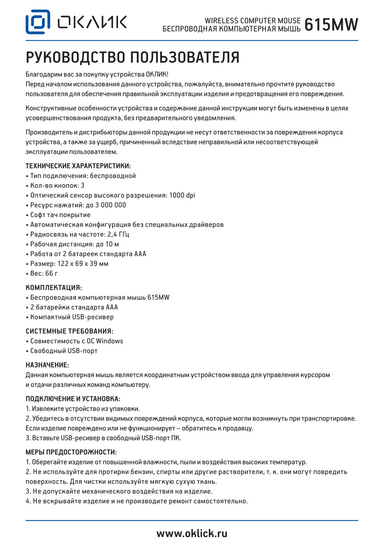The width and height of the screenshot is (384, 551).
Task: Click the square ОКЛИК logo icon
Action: coord(38,22)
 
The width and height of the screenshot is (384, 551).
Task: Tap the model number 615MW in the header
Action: coord(331,25)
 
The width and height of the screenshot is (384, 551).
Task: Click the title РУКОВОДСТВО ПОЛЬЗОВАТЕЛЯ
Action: coord(132,58)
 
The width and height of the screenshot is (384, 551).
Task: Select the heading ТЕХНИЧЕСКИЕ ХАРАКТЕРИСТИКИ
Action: coord(78,166)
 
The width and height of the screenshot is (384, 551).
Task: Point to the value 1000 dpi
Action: coord(182,195)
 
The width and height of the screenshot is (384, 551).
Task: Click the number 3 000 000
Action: coord(106,205)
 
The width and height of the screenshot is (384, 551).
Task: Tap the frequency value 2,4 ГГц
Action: coord(118,234)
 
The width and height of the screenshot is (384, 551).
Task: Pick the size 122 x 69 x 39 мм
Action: coord(83,263)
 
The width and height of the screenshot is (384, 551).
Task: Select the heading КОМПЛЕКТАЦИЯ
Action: coord(54,288)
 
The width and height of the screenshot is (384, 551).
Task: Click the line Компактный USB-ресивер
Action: coord(72,317)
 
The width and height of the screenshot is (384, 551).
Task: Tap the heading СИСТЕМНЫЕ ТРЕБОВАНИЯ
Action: coord(69,331)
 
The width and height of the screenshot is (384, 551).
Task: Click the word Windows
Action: coord(110,341)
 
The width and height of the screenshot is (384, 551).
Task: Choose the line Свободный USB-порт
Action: coord(64,351)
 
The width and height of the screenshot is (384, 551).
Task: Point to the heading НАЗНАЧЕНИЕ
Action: coord(47,365)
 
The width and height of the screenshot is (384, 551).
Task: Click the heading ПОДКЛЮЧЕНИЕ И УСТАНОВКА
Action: coord(73,399)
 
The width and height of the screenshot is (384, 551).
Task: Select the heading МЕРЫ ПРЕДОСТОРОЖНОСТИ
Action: coord(71,452)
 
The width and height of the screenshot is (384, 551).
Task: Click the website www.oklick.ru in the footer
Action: coord(192,533)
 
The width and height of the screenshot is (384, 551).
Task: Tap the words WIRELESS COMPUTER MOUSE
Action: coord(252,20)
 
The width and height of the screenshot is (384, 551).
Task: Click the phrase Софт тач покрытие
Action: coord(60,215)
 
